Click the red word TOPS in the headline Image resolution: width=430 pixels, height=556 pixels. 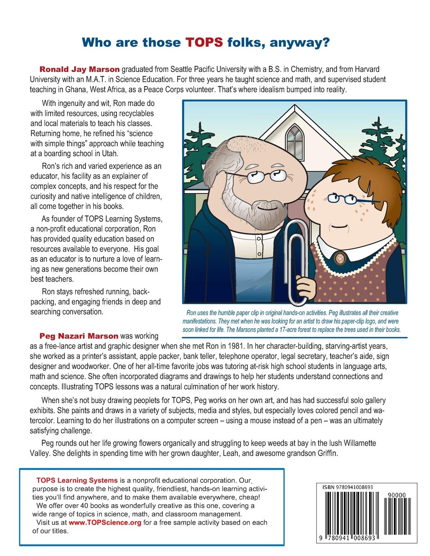(204, 43)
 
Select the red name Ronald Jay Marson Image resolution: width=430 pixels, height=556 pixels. (79, 69)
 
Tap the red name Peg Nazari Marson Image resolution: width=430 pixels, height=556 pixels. (79, 336)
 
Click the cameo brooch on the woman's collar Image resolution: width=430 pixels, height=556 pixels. (339, 258)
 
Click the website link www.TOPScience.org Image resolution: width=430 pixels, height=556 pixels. (105, 522)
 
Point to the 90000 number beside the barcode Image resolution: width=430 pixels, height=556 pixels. (396, 495)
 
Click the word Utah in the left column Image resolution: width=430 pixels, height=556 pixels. (109, 154)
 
